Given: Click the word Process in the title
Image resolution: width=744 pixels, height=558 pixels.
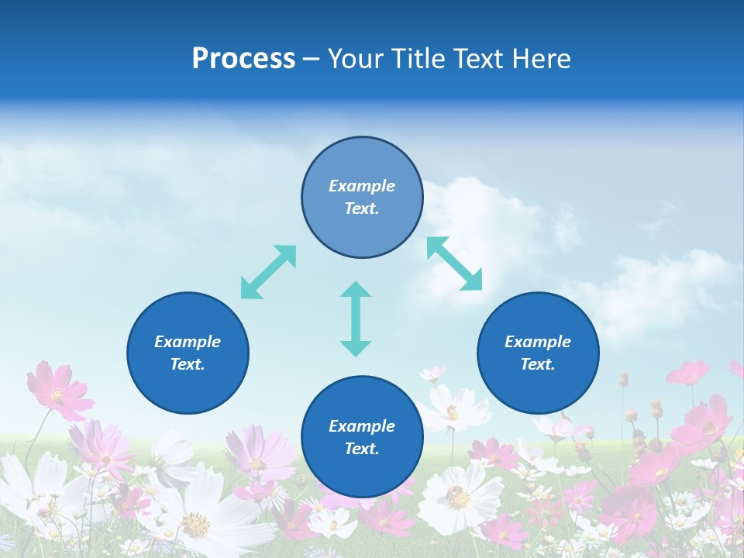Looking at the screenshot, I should point(243,59).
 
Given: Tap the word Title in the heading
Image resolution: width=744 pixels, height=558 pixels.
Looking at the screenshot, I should point(422,59).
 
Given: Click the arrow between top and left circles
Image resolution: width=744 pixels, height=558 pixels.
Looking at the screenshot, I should point(268,272).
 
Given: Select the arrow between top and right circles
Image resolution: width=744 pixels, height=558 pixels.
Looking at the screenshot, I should point(455,264).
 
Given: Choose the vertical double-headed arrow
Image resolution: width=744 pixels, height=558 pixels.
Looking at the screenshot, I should point(356,319).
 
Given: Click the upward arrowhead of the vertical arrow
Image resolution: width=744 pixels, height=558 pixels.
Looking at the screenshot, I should point(356,291).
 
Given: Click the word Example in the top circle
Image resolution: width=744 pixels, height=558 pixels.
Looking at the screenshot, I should point(362,186).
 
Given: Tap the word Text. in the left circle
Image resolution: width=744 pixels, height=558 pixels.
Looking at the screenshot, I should point(188,364).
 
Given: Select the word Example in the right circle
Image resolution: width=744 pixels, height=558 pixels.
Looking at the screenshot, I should point(538,342).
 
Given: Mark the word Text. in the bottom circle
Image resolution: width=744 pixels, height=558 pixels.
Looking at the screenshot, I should point(362,449).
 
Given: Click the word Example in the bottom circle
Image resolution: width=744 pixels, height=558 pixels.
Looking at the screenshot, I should point(362,426).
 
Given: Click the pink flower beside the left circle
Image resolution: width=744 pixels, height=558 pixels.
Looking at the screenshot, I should point(58,391).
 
